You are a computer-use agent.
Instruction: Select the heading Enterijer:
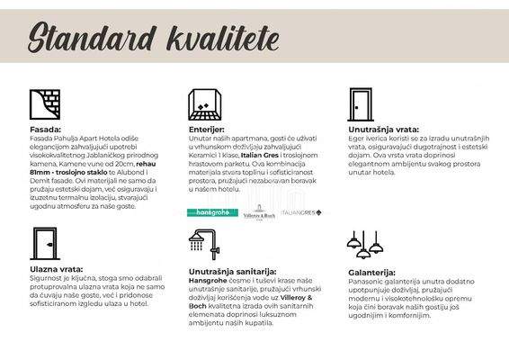[x=206, y=130]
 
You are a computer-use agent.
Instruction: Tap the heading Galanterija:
[x=371, y=271]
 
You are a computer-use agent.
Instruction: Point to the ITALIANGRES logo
[x=301, y=212]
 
